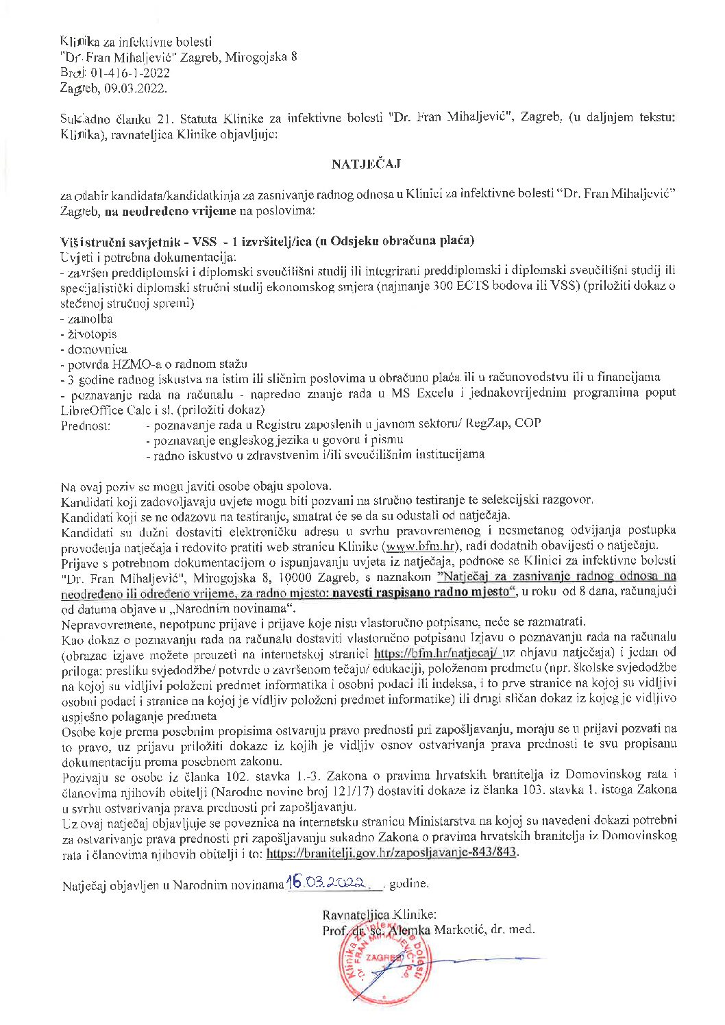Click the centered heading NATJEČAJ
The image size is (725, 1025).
[x=366, y=164]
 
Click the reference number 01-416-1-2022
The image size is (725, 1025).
[x=129, y=73]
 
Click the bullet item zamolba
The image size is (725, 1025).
[x=90, y=319]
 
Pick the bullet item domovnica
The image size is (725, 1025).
[x=97, y=349]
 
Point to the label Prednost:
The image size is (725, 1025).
[x=86, y=425]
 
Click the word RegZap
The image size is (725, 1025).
[x=487, y=423]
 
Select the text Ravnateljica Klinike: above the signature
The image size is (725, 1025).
[x=379, y=914]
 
